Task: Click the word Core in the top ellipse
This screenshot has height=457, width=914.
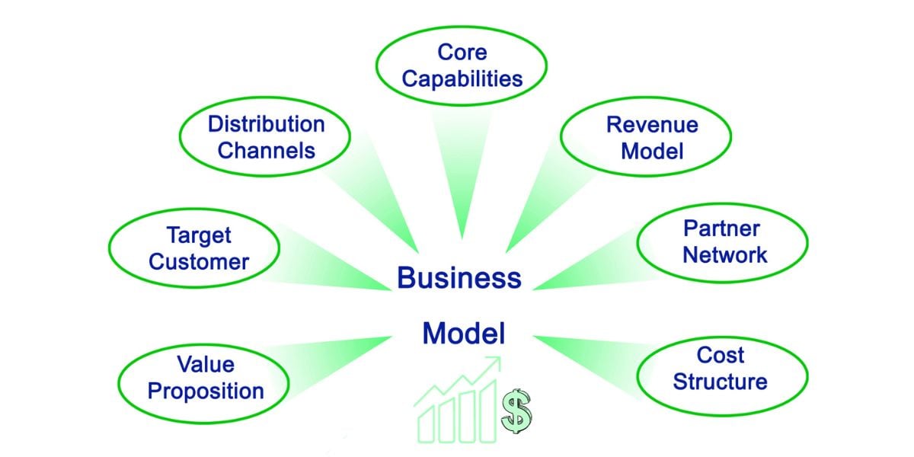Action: tap(462, 52)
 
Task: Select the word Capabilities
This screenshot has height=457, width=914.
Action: tap(462, 78)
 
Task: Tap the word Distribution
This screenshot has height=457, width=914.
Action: tap(266, 123)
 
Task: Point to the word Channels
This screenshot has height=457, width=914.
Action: tap(266, 150)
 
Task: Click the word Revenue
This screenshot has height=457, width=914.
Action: tap(652, 124)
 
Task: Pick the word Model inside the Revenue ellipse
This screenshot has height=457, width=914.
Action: tap(652, 151)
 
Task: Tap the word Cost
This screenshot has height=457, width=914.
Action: tap(720, 355)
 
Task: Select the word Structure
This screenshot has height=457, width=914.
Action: tap(720, 382)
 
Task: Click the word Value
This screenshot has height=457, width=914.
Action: tap(204, 364)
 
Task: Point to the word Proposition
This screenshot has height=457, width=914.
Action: tap(205, 391)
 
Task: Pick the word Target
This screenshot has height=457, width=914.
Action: tap(199, 235)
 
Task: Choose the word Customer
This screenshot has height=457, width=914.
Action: tap(199, 262)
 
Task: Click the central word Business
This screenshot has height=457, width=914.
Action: tap(459, 278)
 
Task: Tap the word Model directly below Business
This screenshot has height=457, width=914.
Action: tap(463, 333)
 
